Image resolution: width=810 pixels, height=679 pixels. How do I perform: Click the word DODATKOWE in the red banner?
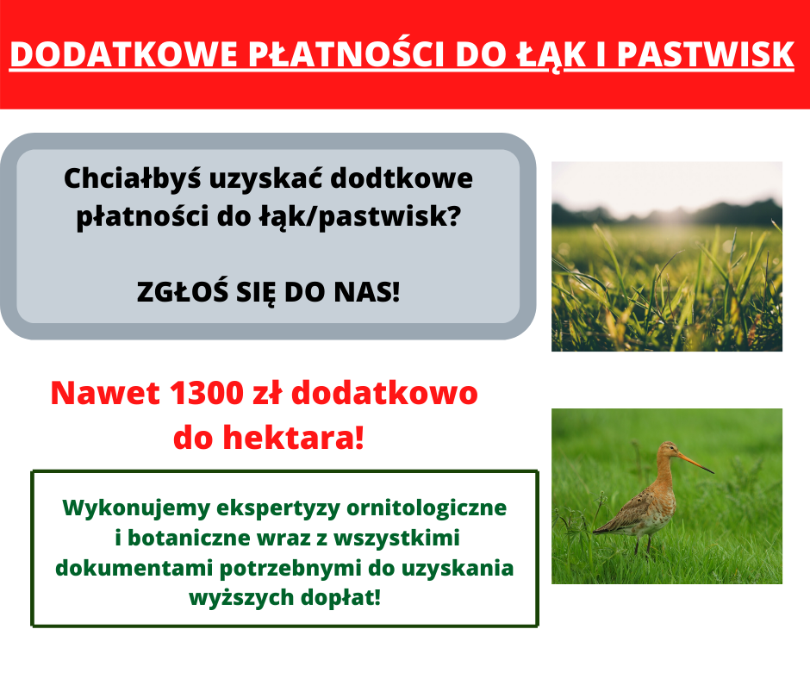pos(123,53)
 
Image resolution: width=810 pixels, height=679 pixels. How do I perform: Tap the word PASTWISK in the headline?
pos(705,53)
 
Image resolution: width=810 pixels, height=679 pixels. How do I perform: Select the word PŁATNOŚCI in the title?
pos(346,53)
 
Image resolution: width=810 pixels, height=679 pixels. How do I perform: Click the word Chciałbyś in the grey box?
pos(132,178)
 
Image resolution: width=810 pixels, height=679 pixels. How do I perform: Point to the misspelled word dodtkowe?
pos(402,178)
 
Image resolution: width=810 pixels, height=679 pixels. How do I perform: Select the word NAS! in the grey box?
pos(367,292)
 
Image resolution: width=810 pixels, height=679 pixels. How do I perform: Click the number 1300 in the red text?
pos(206,393)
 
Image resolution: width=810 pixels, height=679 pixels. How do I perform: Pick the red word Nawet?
pos(105,393)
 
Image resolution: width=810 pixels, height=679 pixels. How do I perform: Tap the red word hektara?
pos(294,438)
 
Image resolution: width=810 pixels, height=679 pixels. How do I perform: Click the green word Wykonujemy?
pos(136,508)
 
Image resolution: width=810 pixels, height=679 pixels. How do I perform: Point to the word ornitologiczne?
pos(427,508)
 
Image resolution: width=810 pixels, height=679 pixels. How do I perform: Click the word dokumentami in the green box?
pos(134,569)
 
